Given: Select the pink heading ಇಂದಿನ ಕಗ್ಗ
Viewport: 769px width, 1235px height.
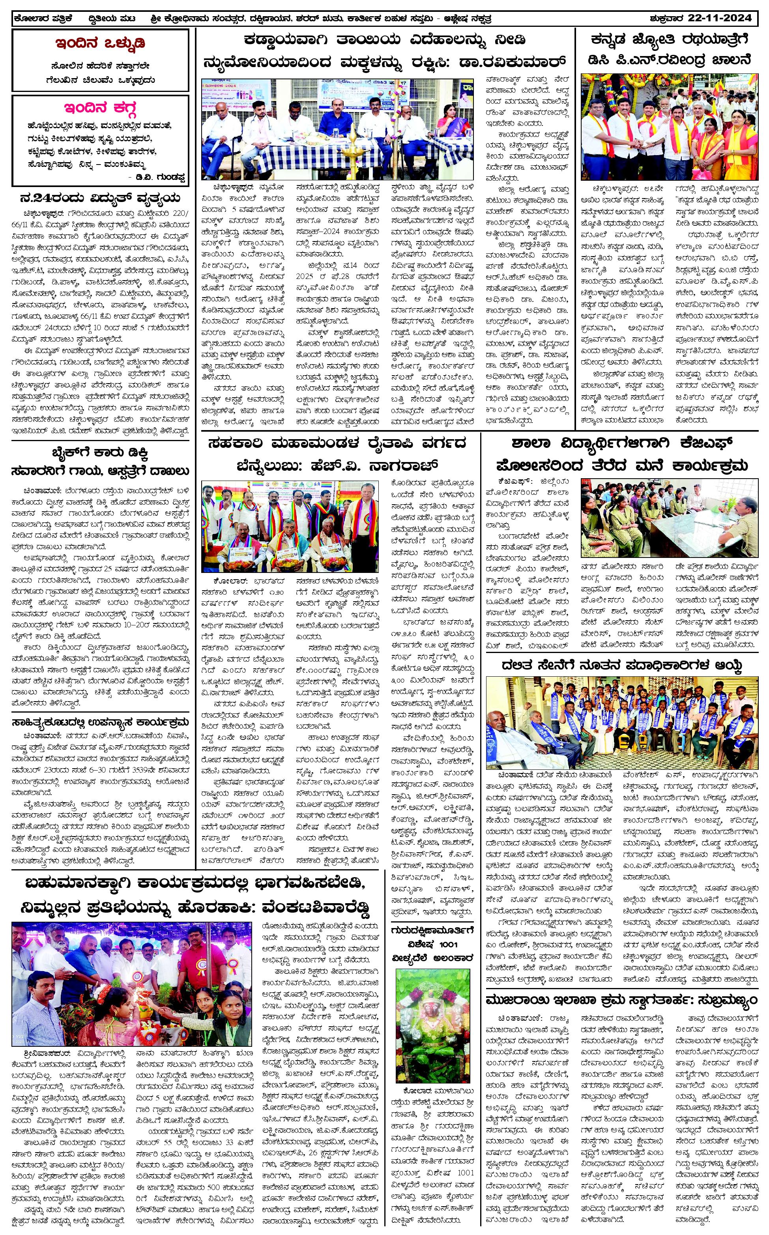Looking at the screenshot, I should pos(100,109).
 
